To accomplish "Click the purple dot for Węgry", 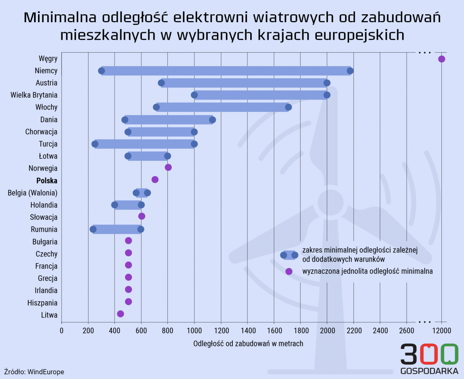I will (x=441, y=59).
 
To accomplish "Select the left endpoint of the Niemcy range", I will (x=102, y=71).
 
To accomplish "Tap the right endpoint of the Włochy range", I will (x=288, y=107).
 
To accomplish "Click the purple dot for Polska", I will (x=155, y=180).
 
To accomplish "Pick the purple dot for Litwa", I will (x=121, y=314).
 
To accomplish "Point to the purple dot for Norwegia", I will (x=168, y=167).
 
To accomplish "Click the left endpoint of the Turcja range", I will (x=95, y=144).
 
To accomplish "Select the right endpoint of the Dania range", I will (x=213, y=120).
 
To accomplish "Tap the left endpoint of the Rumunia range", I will (x=93, y=229).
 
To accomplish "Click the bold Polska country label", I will (x=47, y=181).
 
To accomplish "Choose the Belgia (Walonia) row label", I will (x=33, y=193).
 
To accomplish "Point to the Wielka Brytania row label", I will (x=34, y=95).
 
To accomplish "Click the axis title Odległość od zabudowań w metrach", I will (x=248, y=344).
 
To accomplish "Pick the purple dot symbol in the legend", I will (x=289, y=271).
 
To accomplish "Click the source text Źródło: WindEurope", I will (x=34, y=372).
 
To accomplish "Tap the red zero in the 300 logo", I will (x=427, y=354).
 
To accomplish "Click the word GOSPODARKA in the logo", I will (x=429, y=372).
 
